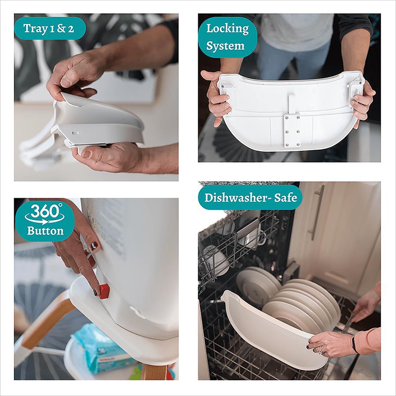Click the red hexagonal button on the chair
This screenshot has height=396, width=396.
pyautogui.click(x=103, y=291)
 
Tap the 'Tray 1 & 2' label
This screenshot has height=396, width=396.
pyautogui.click(x=49, y=28)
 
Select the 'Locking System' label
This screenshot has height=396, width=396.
pyautogui.click(x=227, y=37)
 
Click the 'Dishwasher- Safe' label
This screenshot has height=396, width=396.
pyautogui.click(x=250, y=197)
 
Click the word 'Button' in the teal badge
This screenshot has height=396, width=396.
pyautogui.click(x=45, y=231)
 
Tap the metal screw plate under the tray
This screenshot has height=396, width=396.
pyautogui.click(x=292, y=131)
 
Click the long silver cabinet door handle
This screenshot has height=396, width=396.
pyautogui.click(x=317, y=212)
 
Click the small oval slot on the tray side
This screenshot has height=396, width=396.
pyautogui.click(x=75, y=132)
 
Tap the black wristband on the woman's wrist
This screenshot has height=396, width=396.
pyautogui.click(x=355, y=344)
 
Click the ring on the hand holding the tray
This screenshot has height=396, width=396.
pyautogui.click(x=320, y=350)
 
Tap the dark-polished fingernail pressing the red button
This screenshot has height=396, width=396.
pyautogui.click(x=95, y=292)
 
